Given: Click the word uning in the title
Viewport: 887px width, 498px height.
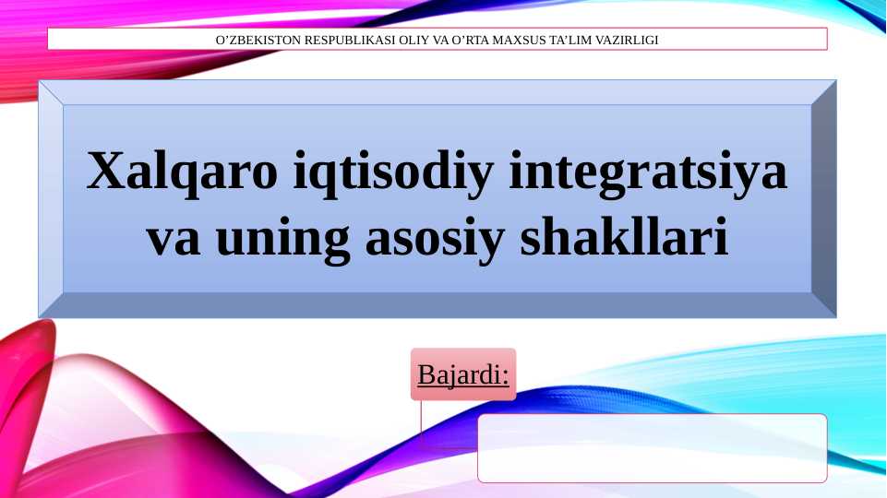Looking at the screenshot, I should point(282,237).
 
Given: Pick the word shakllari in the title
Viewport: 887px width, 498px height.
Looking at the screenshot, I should point(624,237).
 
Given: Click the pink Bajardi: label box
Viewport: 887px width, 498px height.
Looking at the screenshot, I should point(463,374).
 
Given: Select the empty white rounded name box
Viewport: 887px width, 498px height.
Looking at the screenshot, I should point(652,448).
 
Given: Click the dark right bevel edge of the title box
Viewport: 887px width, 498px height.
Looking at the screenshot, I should point(823,198).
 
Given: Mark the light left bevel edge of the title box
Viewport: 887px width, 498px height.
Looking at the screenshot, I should point(51,198).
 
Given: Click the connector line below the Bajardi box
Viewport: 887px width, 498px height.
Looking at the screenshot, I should point(422,424).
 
